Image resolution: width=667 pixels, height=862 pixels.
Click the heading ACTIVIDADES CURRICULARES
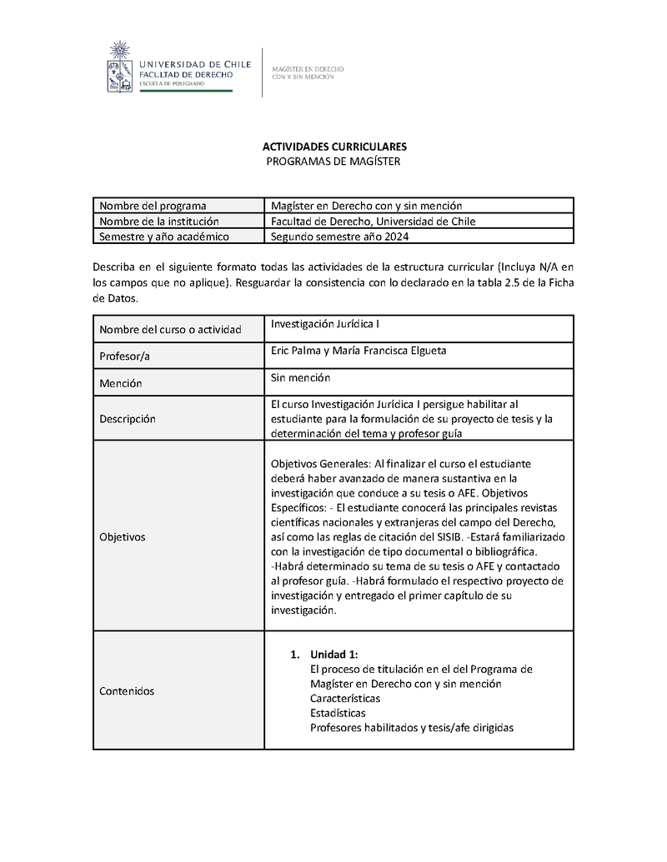[x=333, y=147]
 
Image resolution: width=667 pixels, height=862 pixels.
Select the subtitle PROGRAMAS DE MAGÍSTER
[x=333, y=161]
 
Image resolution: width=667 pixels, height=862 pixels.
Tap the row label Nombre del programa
[x=153, y=206]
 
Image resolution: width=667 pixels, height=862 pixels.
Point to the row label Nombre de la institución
[x=158, y=221]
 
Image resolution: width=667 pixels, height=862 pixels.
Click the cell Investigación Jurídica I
[x=326, y=324]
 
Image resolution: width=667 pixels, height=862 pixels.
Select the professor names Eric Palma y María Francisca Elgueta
[x=359, y=351]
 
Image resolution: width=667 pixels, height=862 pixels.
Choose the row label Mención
[x=120, y=383]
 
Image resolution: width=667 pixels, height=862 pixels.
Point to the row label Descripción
[x=128, y=419]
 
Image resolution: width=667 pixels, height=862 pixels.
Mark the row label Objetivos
[x=122, y=537]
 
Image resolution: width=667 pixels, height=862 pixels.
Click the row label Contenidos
[x=127, y=690]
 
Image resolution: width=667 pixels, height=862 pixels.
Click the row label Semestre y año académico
[x=163, y=236]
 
